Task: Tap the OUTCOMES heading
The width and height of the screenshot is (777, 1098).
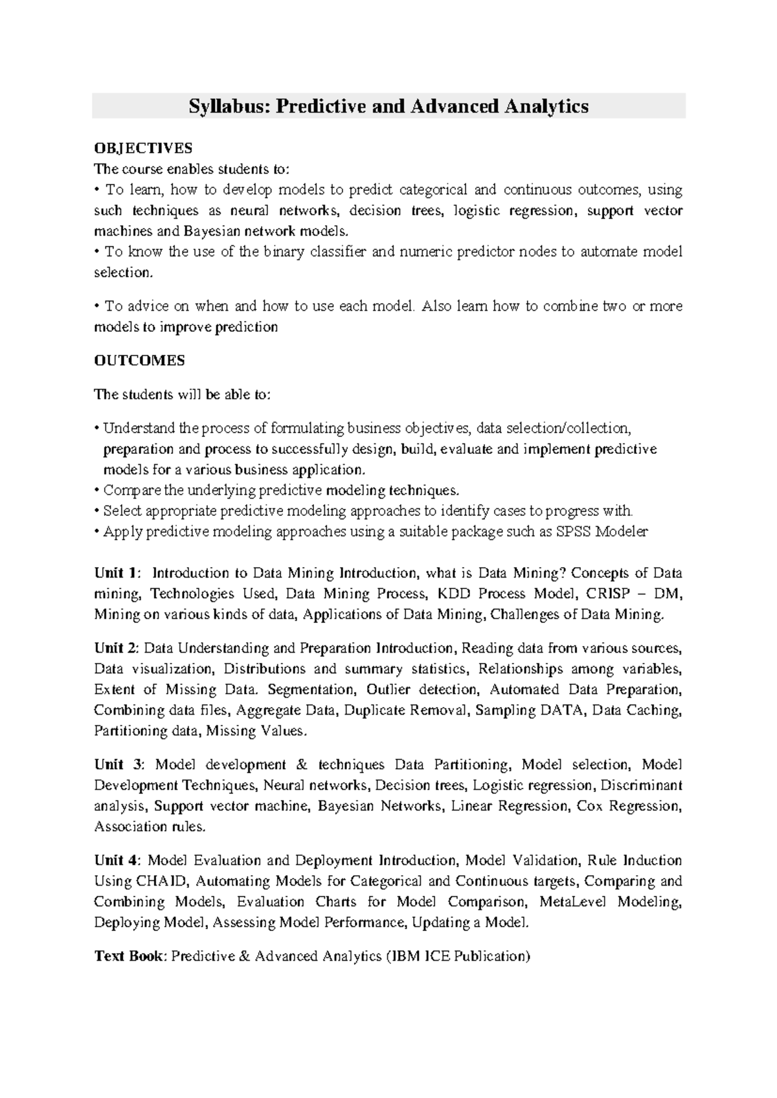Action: coord(139,361)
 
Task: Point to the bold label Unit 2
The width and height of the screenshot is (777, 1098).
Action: coord(117,648)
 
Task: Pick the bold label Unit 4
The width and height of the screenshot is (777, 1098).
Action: coord(117,860)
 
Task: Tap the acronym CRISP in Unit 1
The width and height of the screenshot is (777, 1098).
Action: coord(607,594)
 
